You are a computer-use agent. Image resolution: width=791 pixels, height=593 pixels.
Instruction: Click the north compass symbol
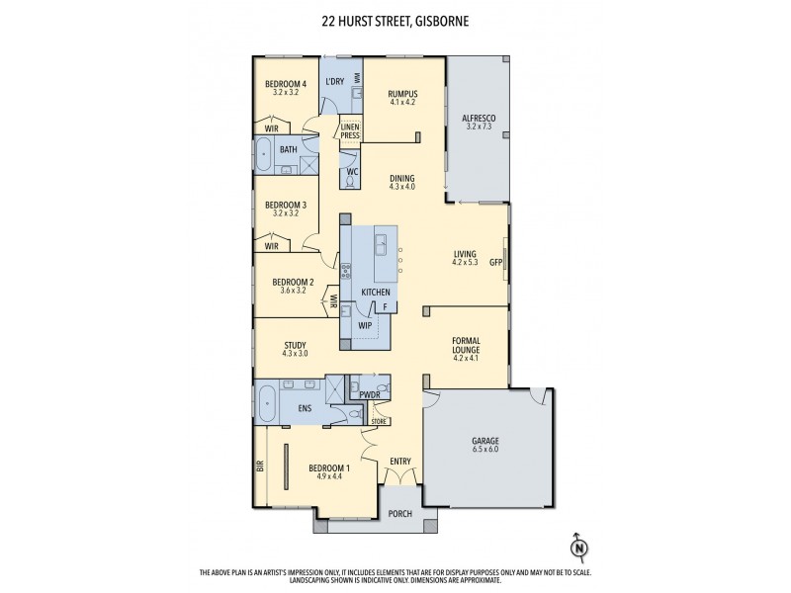click(x=578, y=547)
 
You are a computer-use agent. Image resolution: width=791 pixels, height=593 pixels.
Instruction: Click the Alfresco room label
click(x=479, y=123)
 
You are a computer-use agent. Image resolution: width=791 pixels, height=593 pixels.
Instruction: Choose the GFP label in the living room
click(x=496, y=262)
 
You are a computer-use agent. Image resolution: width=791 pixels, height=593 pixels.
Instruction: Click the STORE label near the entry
click(x=378, y=421)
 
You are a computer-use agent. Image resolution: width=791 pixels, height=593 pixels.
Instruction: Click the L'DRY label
click(x=335, y=82)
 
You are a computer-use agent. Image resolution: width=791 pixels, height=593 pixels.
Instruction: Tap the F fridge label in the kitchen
click(x=386, y=306)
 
